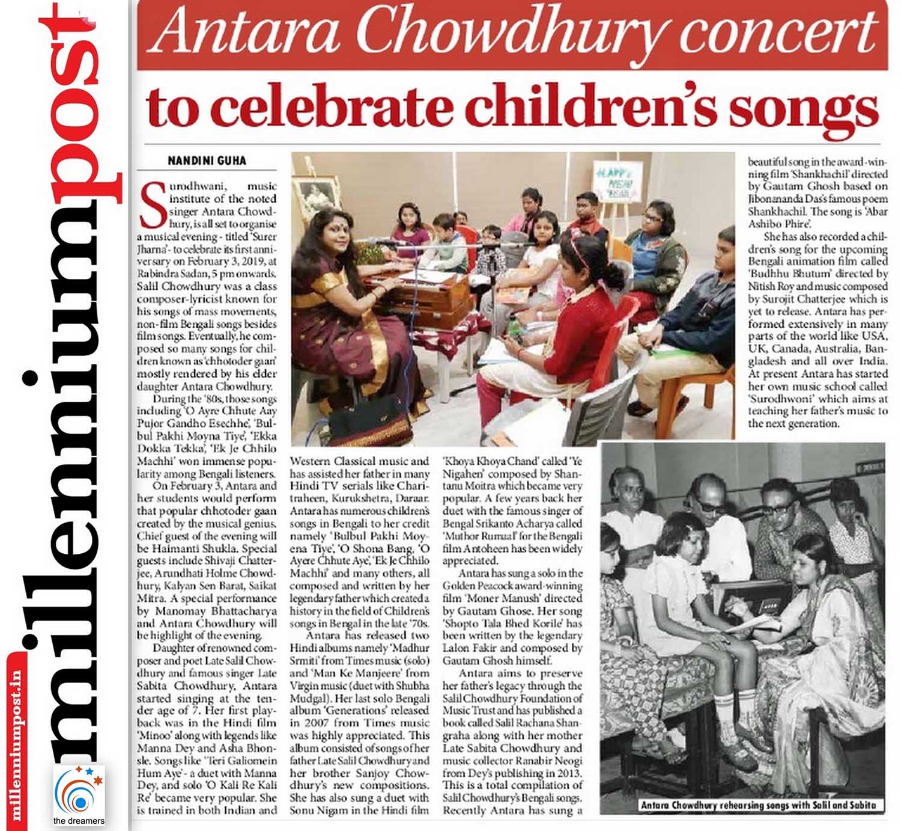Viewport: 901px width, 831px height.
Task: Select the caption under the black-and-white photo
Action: (x=758, y=805)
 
